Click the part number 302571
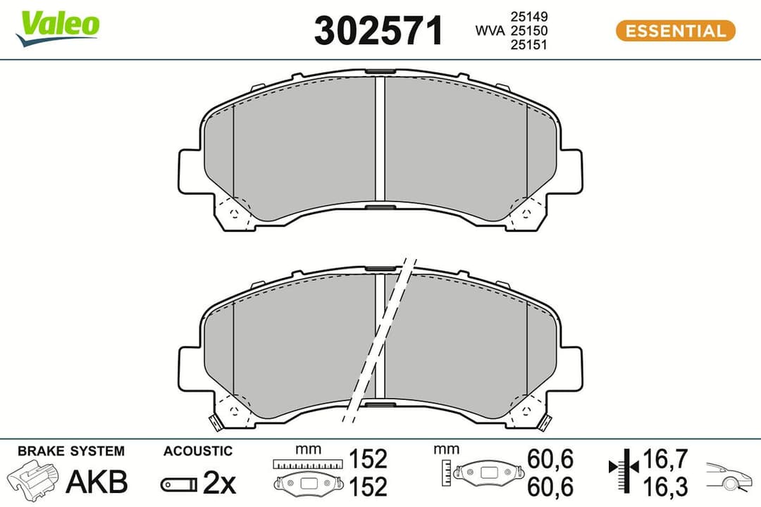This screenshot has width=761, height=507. pyautogui.click(x=379, y=31)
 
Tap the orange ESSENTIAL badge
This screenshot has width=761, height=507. pyautogui.click(x=675, y=31)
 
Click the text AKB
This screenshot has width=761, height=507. pyautogui.click(x=97, y=482)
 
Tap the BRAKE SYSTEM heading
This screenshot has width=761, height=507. pyautogui.click(x=70, y=451)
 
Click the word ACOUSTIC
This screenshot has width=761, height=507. pyautogui.click(x=197, y=451)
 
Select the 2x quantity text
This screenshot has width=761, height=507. pyautogui.click(x=219, y=482)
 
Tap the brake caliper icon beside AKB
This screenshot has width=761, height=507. pyautogui.click(x=34, y=481)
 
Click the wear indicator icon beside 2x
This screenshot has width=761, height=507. pyautogui.click(x=178, y=484)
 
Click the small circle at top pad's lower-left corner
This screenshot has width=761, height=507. pyautogui.click(x=233, y=211)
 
